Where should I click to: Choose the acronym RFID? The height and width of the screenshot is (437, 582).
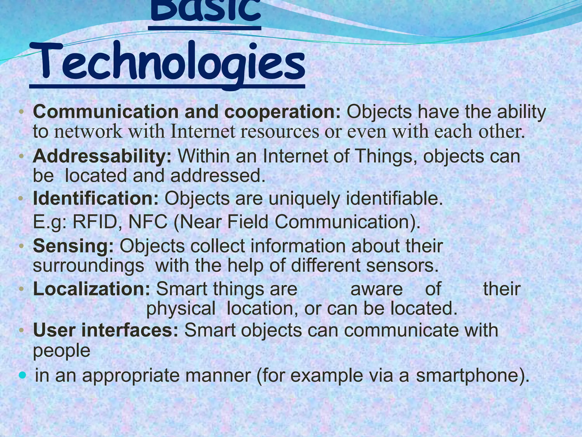95,222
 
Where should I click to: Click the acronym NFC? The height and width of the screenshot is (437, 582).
148,222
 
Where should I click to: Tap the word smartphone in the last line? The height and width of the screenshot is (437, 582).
466,376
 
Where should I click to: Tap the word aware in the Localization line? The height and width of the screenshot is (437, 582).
377,289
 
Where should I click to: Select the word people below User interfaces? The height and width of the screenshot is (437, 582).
62,351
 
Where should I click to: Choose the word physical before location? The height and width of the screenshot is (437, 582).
181,308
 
